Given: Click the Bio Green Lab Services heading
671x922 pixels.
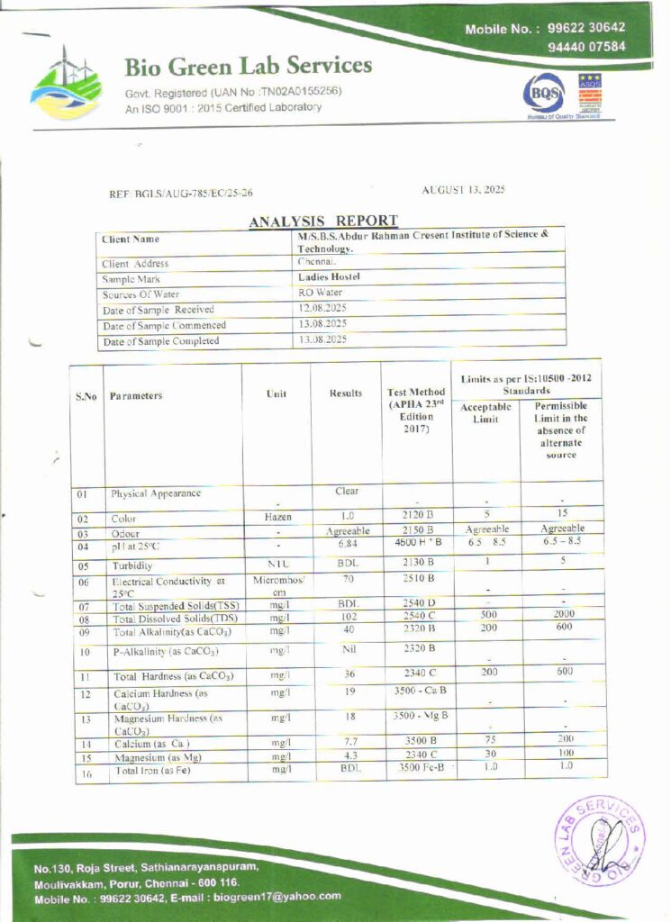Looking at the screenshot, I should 248,66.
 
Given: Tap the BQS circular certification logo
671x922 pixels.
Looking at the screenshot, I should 546,92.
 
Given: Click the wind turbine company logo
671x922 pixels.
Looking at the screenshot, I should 67,82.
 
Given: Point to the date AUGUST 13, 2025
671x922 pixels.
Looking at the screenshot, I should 463,189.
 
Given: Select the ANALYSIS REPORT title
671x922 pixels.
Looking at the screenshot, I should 322,221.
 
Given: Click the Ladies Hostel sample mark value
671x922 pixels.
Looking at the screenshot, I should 329,277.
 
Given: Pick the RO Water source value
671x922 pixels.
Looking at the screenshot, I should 320,293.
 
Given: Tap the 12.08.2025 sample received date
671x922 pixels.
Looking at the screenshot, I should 322,308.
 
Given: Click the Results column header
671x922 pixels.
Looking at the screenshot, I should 346,393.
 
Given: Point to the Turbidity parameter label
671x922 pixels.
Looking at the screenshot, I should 131,566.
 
